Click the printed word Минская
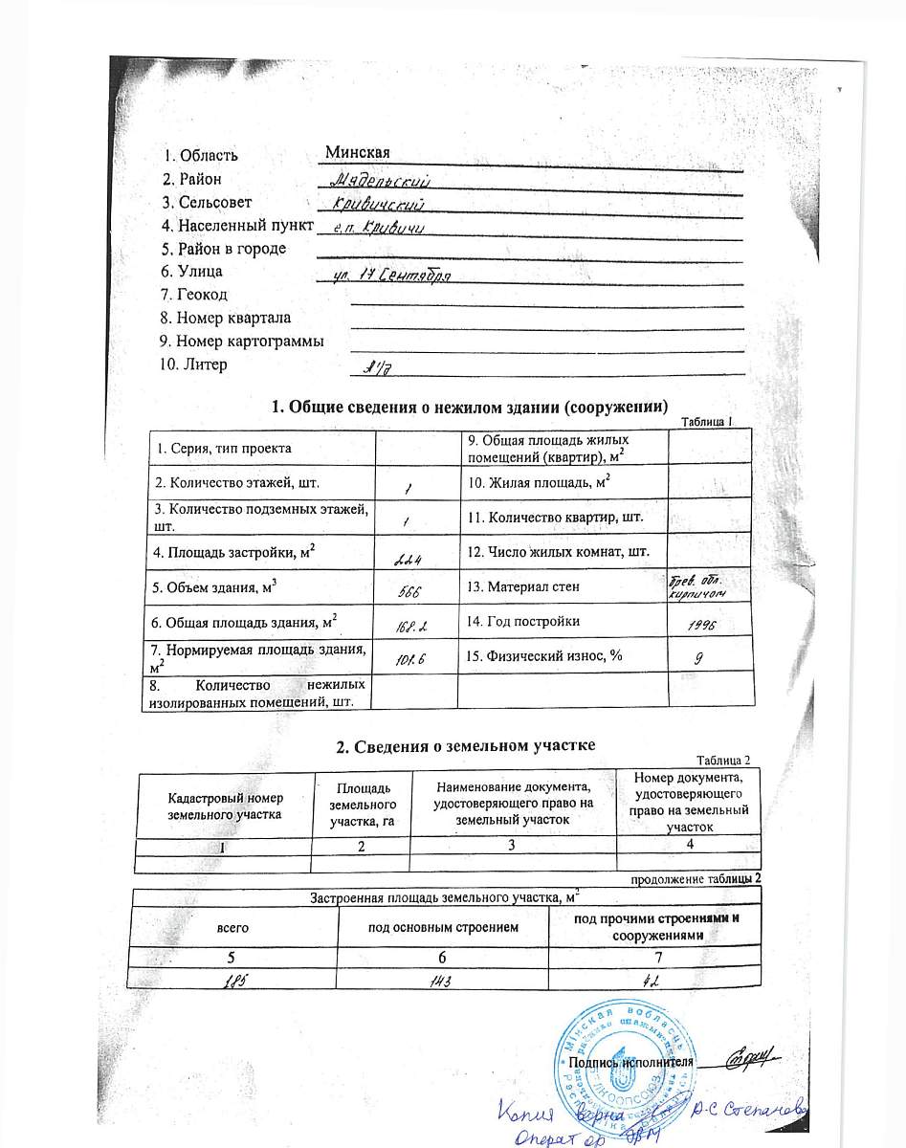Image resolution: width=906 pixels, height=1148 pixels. coord(357,152)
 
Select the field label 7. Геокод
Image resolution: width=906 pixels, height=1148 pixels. coord(195,295)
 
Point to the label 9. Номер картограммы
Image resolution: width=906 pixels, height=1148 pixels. coord(242,341)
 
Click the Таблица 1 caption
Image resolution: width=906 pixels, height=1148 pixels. coord(706,422)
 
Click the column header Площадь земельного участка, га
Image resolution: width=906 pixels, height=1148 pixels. coord(361,804)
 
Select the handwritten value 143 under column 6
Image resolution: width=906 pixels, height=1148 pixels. coord(442,978)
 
